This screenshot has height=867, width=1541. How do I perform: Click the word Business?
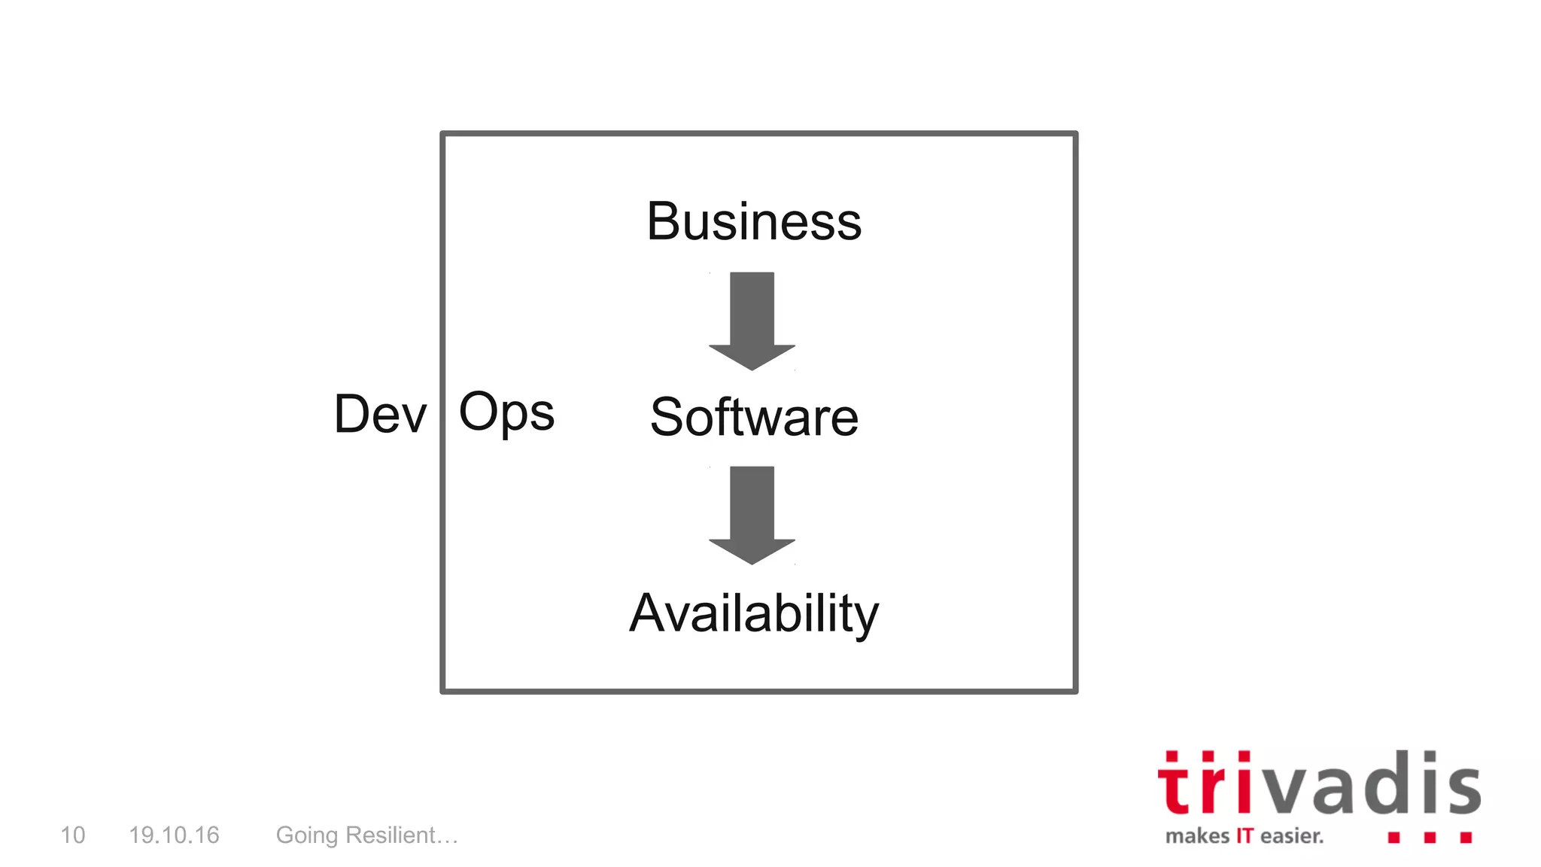coord(754,222)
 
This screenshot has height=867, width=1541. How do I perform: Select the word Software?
coord(754,417)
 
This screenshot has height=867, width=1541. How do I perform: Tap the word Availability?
coord(754,613)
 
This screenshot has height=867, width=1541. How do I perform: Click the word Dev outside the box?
coord(380,414)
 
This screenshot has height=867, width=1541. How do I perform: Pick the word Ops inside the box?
coord(506,412)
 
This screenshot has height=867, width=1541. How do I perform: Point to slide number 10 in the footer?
coord(73,835)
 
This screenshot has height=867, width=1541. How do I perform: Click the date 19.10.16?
coord(174,835)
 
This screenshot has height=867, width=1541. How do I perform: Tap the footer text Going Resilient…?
coord(367,835)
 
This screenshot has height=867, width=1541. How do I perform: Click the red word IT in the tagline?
coord(1245,836)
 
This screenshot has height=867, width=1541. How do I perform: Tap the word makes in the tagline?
coord(1197,836)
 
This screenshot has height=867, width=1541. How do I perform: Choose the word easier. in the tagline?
coord(1292,836)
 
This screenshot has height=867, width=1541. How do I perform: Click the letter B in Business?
coord(664,222)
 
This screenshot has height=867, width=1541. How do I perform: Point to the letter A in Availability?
coord(649,613)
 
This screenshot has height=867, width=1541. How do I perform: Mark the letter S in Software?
coord(668,417)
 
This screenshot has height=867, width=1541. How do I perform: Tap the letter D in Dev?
coord(354,414)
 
